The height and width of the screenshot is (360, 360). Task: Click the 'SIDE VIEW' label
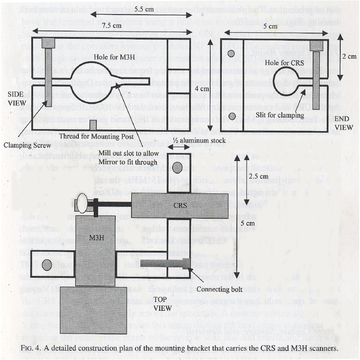[15, 98]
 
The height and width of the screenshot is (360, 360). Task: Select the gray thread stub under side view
[92, 126]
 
